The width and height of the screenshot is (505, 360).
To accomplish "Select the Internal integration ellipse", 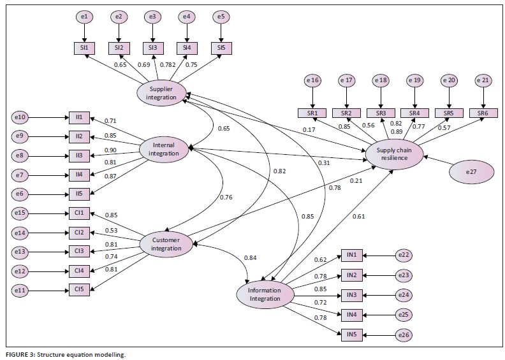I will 165,148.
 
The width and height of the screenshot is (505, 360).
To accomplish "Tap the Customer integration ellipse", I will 166,244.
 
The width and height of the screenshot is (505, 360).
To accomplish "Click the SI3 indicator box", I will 152,47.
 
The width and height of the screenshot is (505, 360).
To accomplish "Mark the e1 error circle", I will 84,17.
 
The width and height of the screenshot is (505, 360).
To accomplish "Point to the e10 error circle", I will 20,117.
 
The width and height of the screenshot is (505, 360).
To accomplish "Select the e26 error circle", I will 404,334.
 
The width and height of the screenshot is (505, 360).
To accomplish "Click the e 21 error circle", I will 484,80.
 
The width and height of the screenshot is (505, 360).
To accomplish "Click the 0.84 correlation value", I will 251,257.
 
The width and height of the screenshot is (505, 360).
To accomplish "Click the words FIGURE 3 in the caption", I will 20,354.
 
